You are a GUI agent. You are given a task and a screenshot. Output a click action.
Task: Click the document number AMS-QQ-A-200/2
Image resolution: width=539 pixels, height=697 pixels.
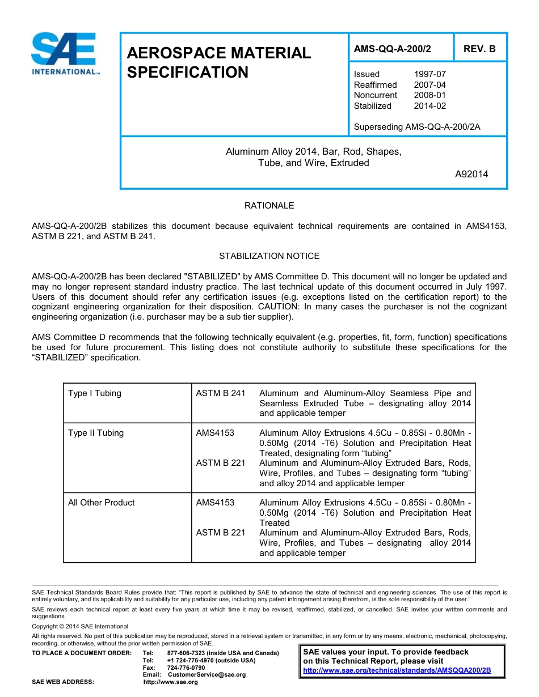click(392, 49)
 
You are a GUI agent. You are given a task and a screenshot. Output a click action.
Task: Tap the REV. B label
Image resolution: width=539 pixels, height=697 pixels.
click(479, 49)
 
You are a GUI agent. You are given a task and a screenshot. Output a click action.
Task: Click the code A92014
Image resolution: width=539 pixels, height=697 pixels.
click(471, 174)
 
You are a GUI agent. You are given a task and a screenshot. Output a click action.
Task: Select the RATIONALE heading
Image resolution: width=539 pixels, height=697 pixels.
click(269, 206)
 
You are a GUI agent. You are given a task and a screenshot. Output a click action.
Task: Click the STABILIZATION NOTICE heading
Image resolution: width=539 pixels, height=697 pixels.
click(269, 256)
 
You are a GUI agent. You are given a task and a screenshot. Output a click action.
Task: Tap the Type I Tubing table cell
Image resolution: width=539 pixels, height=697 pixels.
click(95, 393)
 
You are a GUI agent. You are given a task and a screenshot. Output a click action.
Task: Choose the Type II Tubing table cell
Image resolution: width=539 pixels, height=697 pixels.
click(96, 433)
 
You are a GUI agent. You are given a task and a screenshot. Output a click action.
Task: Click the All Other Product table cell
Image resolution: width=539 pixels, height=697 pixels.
click(102, 503)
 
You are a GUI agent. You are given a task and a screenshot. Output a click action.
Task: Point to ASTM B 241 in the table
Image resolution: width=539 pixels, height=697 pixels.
click(221, 393)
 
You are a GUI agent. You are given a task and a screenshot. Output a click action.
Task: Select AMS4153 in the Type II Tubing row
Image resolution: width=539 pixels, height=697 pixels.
click(215, 433)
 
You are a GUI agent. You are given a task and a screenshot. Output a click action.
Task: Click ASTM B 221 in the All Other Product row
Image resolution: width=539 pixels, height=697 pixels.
click(221, 533)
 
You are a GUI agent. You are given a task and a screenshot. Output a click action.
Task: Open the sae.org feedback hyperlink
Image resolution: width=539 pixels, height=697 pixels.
click(397, 670)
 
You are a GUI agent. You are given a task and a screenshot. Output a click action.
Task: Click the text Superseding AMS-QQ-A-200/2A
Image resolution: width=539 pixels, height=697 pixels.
click(416, 127)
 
